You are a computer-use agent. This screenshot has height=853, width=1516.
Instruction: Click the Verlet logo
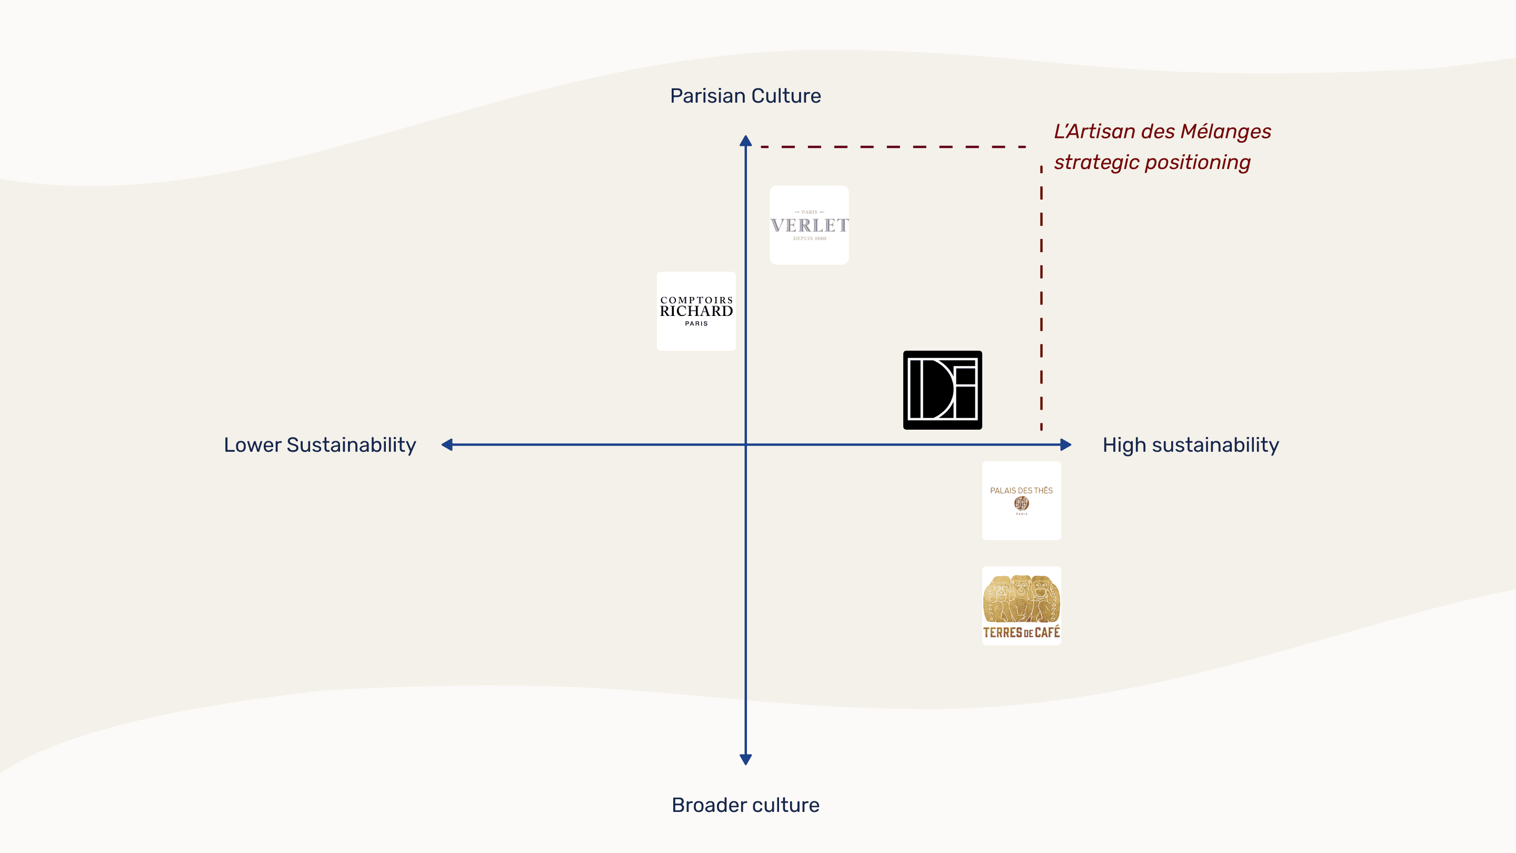pos(809,225)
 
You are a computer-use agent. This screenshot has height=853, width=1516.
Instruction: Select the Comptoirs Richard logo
pos(696,311)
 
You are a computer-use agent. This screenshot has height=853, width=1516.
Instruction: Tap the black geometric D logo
pos(942,390)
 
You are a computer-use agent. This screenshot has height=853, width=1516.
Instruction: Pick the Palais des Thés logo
pos(1021,500)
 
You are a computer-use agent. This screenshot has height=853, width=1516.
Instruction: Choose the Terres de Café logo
pos(1021,606)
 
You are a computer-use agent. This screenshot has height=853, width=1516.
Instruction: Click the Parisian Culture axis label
pos(745,96)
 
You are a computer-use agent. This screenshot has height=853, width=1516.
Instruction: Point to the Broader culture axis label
pos(745,805)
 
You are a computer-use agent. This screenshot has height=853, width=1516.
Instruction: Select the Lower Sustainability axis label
pos(320,445)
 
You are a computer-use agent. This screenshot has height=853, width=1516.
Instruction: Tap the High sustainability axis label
pos(1191,445)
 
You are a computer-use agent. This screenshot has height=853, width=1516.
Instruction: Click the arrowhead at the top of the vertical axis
pos(746,141)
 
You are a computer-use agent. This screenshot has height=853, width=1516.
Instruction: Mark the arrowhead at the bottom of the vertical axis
pos(746,759)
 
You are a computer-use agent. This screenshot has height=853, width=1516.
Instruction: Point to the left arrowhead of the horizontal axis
pos(447,444)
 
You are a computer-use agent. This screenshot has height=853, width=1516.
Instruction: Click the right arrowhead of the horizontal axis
pos(1065,444)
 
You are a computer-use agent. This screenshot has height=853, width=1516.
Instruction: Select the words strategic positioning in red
pos(1152,163)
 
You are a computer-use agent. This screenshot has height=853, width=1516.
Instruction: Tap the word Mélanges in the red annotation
pos(1225,131)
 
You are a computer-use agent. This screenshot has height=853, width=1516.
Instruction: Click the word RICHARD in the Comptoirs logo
pos(696,311)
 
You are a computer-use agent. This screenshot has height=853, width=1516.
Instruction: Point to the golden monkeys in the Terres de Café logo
pos(1021,598)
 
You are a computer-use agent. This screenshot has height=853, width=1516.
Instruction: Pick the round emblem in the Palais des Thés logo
pos(1021,503)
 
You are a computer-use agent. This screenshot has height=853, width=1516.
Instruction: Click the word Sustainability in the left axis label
pos(351,445)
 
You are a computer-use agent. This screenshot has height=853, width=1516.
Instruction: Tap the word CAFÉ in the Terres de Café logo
pos(1047,633)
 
